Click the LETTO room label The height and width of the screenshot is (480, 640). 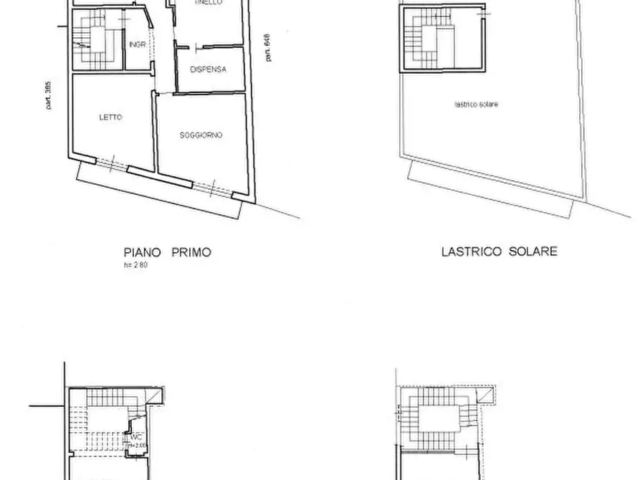(111, 117)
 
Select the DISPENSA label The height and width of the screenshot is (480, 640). (209, 69)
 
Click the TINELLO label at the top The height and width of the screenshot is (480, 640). (207, 3)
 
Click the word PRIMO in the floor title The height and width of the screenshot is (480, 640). (191, 252)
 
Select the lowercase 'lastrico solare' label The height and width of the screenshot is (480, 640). (476, 105)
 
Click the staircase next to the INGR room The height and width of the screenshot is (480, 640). (96, 42)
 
